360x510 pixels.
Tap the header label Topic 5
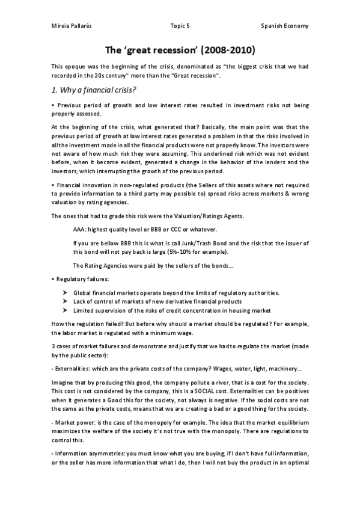pyautogui.click(x=180, y=26)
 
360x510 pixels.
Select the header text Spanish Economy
pyautogui.click(x=285, y=26)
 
